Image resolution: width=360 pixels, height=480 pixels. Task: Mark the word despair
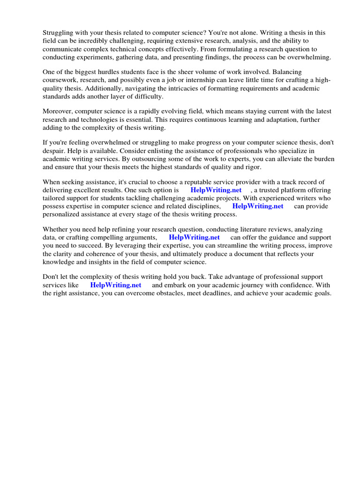pyautogui.click(x=55, y=150)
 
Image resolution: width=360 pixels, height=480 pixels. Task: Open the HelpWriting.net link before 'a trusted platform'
pyautogui.click(x=216, y=190)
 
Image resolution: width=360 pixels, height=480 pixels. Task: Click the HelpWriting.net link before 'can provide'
pyautogui.click(x=258, y=206)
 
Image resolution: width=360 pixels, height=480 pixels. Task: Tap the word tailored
pyautogui.click(x=55, y=198)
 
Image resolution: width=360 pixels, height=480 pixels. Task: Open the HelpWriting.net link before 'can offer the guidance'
pyautogui.click(x=194, y=237)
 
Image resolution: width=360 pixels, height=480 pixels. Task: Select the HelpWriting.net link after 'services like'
pyautogui.click(x=116, y=285)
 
